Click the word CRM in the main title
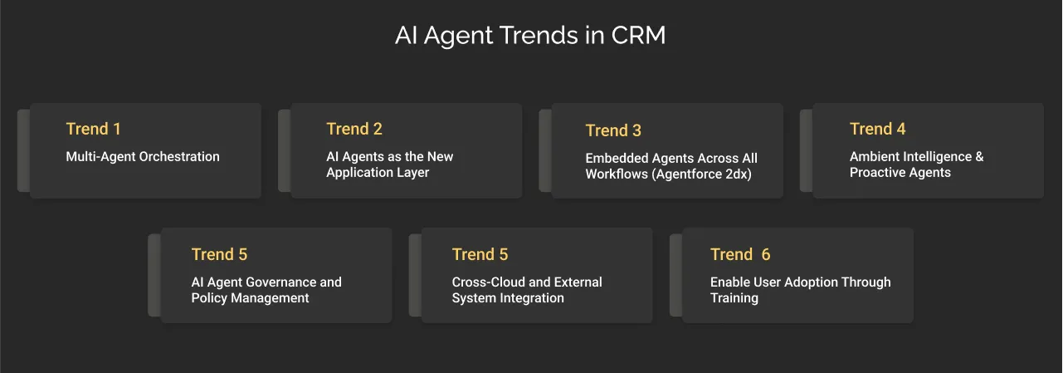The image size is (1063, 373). [638, 37]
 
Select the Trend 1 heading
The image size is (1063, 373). [94, 129]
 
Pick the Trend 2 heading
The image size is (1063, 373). [354, 129]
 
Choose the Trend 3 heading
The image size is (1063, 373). [613, 130]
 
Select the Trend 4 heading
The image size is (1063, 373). [877, 129]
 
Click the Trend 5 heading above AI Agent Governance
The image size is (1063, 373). [219, 254]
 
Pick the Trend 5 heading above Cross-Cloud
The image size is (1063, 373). [480, 254]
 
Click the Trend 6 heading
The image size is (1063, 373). [740, 254]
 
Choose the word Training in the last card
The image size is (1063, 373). [734, 298]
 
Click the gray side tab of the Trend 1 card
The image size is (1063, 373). [23, 150]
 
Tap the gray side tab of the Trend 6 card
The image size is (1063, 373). [675, 275]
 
